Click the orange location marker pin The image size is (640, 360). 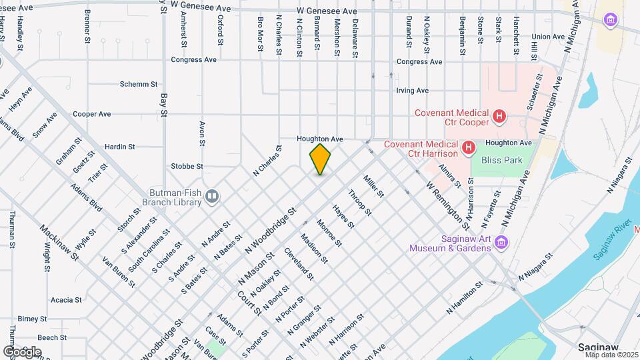[320, 159]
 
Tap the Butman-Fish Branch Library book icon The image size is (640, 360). [211, 196]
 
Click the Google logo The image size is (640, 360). [22, 351]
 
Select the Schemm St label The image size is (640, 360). [139, 85]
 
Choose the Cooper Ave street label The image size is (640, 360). [92, 114]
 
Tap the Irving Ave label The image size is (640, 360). [412, 90]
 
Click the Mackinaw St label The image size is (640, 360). [58, 244]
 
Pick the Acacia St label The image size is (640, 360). [66, 300]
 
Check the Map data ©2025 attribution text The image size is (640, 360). [610, 355]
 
